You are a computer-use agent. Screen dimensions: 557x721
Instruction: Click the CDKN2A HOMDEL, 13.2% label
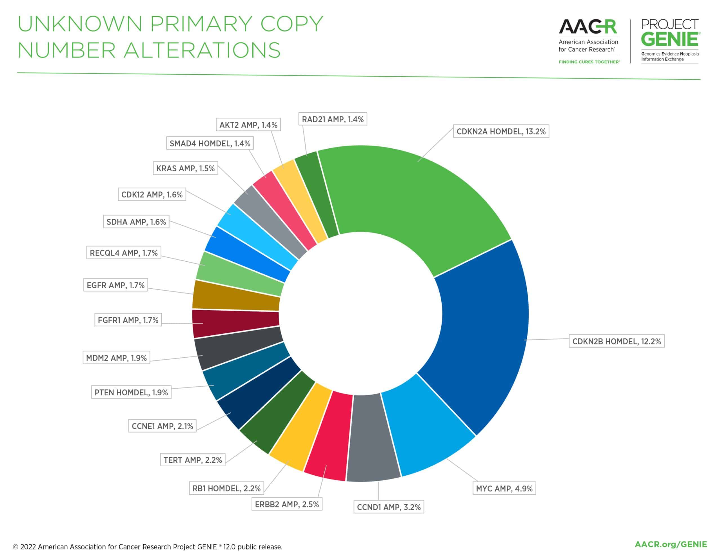pyautogui.click(x=501, y=132)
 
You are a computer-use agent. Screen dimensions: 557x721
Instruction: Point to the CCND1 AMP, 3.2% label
pyautogui.click(x=389, y=507)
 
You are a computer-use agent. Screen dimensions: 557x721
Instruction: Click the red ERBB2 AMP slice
pyautogui.click(x=328, y=436)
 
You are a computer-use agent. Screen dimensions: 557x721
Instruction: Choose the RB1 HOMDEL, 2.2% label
pyautogui.click(x=226, y=488)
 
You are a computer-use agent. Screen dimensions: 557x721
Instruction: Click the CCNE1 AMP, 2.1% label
pyautogui.click(x=162, y=426)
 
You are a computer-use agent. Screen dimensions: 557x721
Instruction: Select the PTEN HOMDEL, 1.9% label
pyautogui.click(x=131, y=392)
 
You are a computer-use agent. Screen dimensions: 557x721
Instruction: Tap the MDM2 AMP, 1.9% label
pyautogui.click(x=116, y=358)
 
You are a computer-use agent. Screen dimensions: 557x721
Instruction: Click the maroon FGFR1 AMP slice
pyautogui.click(x=236, y=323)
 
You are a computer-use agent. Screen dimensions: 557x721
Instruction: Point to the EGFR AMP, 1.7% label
pyautogui.click(x=115, y=285)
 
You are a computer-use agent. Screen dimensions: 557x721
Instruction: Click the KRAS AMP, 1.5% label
pyautogui.click(x=185, y=168)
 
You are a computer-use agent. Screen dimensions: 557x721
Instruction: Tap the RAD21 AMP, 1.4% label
pyautogui.click(x=332, y=119)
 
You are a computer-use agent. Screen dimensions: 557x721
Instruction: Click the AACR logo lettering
pyautogui.click(x=588, y=27)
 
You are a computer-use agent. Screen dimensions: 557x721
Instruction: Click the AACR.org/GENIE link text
pyautogui.click(x=671, y=544)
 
